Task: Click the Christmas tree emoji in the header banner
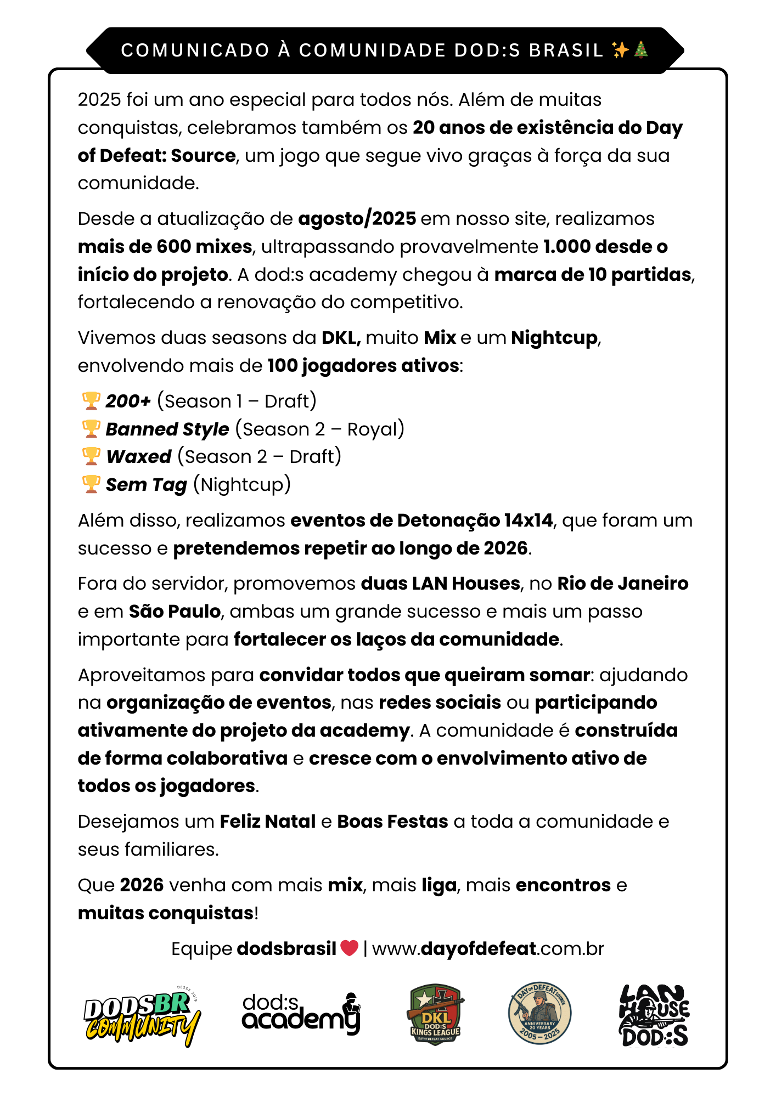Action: coord(641,50)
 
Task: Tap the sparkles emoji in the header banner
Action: coord(620,50)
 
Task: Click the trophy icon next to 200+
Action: coord(91,400)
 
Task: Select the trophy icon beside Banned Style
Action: coord(91,428)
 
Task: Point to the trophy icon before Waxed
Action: coord(91,456)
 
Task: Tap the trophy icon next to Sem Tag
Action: coord(91,484)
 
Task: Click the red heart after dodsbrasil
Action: coord(349,948)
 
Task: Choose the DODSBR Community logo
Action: coord(142,1015)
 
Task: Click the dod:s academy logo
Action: coord(301,1014)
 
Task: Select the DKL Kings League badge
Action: coord(435,1014)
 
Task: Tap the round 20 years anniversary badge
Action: coord(540,1013)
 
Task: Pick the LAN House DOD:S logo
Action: coord(654,1015)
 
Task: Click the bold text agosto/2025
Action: coord(357,218)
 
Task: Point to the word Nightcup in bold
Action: coord(554,337)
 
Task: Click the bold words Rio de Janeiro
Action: coord(623,583)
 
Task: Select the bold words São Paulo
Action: coord(175,611)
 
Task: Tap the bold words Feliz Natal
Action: coord(268,821)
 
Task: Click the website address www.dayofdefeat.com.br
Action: coord(488,948)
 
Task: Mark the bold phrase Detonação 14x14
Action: coord(475,520)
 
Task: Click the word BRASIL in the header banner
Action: coord(566,50)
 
